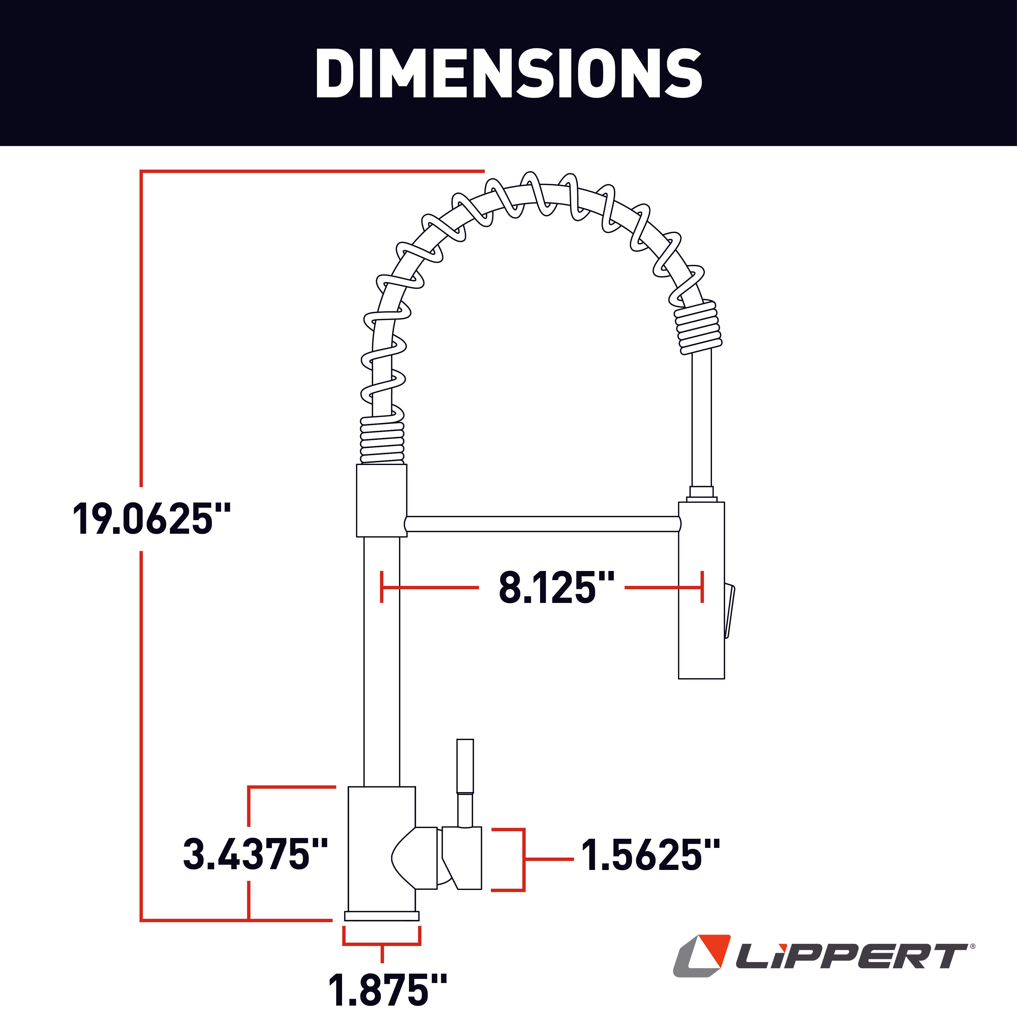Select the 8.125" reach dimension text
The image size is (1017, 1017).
point(556,587)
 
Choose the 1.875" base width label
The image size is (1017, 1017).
point(387,990)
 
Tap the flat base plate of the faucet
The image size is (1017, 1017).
point(382,916)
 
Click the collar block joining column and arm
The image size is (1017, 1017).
point(382,500)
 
